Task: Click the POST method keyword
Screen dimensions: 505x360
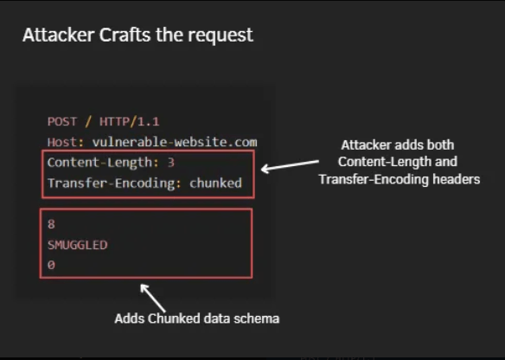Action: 62,122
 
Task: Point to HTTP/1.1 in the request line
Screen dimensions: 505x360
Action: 129,122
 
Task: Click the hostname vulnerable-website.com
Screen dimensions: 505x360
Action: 175,142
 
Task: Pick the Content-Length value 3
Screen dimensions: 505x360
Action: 170,163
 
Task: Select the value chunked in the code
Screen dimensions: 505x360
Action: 215,183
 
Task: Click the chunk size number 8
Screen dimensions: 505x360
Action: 51,224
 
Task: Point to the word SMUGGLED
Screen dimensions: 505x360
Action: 77,245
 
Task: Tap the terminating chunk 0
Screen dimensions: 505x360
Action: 51,266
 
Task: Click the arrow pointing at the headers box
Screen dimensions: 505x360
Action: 290,165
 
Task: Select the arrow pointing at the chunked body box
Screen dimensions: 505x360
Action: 153,298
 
